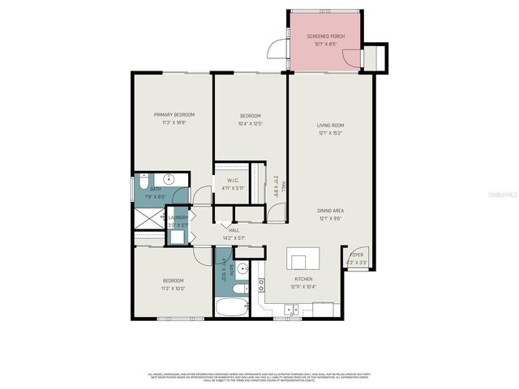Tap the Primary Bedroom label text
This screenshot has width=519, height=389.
coord(174,115)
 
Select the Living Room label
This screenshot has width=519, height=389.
coord(331,126)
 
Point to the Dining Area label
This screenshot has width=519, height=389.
coord(331,211)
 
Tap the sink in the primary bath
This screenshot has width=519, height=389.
coord(169,179)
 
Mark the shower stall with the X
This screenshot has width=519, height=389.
coord(148,217)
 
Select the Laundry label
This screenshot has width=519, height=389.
coord(178,217)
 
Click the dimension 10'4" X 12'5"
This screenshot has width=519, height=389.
coord(250,124)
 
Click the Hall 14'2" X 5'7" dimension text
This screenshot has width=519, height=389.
coord(234,237)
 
